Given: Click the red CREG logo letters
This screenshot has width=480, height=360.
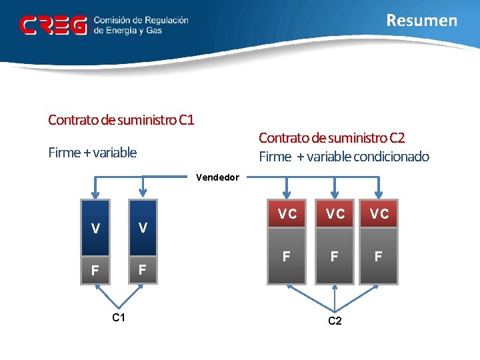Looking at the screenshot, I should pyautogui.click(x=53, y=25).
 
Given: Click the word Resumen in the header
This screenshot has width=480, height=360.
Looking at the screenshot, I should pyautogui.click(x=422, y=21).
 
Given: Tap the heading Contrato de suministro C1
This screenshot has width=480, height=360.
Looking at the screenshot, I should pyautogui.click(x=121, y=120).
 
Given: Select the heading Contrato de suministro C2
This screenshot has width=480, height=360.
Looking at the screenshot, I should pyautogui.click(x=331, y=137).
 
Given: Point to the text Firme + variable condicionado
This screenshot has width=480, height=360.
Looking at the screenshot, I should pyautogui.click(x=344, y=157).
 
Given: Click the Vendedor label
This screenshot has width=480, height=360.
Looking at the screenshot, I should pyautogui.click(x=217, y=177).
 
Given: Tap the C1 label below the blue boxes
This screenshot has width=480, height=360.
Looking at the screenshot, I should pyautogui.click(x=119, y=318).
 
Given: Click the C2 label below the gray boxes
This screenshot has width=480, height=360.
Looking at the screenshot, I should pyautogui.click(x=335, y=321).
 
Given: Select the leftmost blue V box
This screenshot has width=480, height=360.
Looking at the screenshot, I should pyautogui.click(x=96, y=228).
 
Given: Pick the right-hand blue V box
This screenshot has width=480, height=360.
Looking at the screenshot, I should pyautogui.click(x=142, y=228).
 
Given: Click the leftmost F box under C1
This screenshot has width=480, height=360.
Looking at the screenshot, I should pyautogui.click(x=96, y=271).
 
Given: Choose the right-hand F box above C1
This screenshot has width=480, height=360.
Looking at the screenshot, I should pyautogui.click(x=142, y=271).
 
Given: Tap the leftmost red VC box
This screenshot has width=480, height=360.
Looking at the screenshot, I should pyautogui.click(x=287, y=214).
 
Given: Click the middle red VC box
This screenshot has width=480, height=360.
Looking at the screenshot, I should pyautogui.click(x=335, y=214).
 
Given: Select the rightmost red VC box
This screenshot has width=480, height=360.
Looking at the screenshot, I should pyautogui.click(x=379, y=214).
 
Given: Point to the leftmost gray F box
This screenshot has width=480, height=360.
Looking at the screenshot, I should pyautogui.click(x=287, y=256).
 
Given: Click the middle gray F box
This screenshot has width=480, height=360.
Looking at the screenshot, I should pyautogui.click(x=335, y=256).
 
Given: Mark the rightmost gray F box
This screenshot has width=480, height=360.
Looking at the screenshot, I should pyautogui.click(x=379, y=256).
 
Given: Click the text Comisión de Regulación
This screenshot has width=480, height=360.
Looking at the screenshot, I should pyautogui.click(x=141, y=21).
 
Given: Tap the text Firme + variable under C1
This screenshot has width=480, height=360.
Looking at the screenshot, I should pyautogui.click(x=93, y=153).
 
